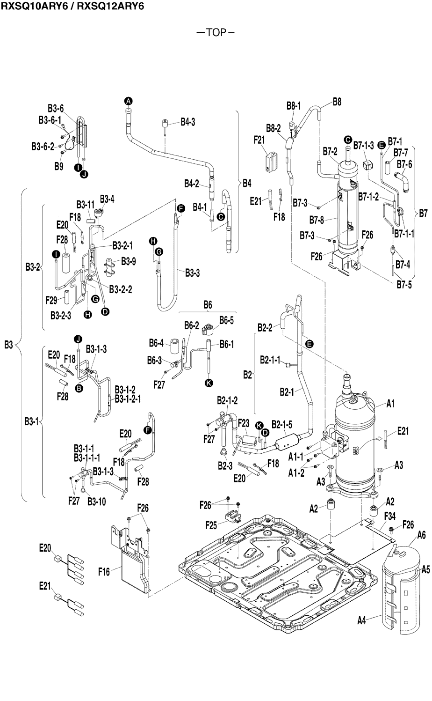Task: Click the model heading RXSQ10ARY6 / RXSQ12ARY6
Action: (72, 6)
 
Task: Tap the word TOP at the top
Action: (216, 32)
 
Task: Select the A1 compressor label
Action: (391, 404)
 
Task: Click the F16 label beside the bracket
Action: (104, 571)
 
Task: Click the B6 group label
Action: (208, 305)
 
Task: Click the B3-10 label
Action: (96, 502)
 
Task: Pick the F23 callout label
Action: (243, 422)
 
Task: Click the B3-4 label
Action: (107, 199)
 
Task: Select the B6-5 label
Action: (227, 321)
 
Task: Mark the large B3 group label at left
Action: (9, 345)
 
